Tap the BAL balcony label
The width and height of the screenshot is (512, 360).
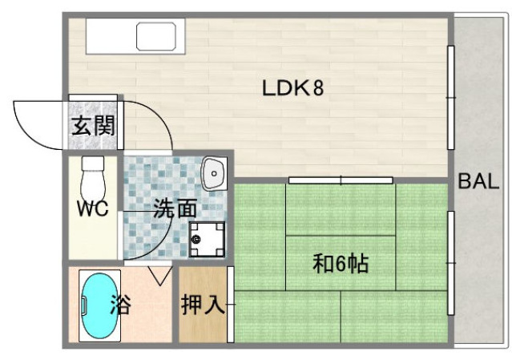coord(478,180)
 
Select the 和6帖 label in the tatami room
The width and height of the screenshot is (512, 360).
coord(341,263)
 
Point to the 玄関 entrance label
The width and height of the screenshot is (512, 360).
coord(93,127)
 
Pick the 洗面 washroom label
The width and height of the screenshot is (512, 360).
coord(174,209)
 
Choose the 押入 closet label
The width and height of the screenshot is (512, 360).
coord(203,305)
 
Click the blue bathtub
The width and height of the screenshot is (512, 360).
coord(95,305)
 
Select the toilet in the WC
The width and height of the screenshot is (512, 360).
coord(94,172)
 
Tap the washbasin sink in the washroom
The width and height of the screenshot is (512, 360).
coord(214,172)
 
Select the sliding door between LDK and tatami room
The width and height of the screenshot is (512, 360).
coord(341,180)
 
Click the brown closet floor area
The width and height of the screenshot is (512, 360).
coord(203,321)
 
